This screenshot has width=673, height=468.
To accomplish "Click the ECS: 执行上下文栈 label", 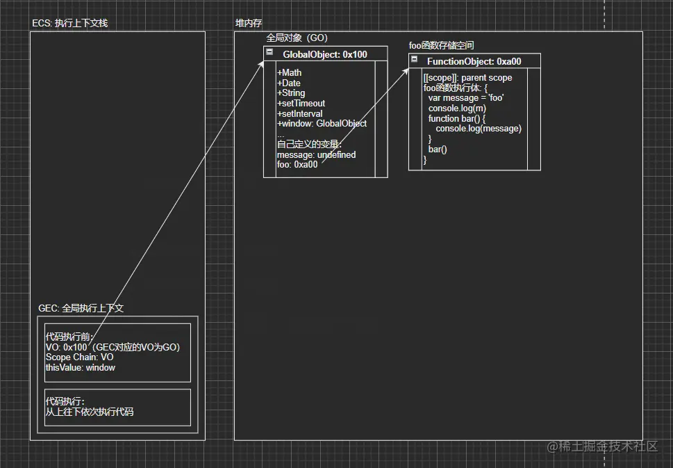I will pos(69,24).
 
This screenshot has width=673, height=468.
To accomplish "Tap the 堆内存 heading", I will pos(249,24).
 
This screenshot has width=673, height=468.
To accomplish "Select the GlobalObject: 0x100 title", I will pos(325,54).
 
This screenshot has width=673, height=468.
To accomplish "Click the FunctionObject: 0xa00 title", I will pos(474,62).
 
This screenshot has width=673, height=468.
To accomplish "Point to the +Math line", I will pos(290,73).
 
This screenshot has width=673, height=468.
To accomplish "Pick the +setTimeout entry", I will pos(301,104).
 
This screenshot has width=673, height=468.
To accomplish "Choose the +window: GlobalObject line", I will pos(322,124).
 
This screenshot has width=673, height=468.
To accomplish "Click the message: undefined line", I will pos(316,154).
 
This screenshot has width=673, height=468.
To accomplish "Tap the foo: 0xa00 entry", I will pos(297,165).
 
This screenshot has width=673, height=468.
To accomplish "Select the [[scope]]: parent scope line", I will pos(467,78).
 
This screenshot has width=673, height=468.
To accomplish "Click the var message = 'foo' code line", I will pos(465,98).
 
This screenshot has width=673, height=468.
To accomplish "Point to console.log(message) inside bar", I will pos(478,129).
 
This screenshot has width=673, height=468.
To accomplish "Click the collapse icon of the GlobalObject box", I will pos(269,52).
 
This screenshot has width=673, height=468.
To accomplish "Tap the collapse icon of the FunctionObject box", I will pos(415,60).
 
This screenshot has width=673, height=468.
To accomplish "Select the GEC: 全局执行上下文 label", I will pos(81,308).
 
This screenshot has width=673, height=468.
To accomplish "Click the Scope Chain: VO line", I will pos(79,357).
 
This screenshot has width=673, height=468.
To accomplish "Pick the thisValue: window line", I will pos(80,367).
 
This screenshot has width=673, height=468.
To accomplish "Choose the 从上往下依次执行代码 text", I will pos(89,412).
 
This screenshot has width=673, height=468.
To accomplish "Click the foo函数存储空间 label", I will pos(441,46).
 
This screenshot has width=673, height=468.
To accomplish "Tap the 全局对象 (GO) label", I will pos(297,38).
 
